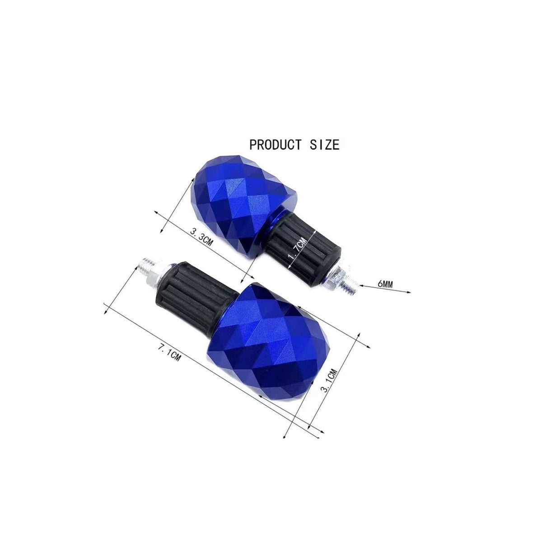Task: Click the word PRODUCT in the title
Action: click(x=275, y=145)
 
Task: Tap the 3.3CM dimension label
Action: click(x=201, y=238)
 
